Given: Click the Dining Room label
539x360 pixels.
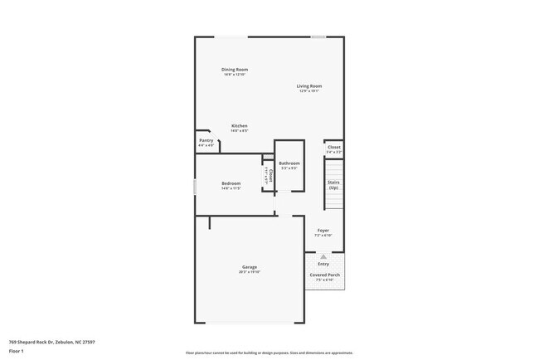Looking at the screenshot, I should click(x=235, y=69).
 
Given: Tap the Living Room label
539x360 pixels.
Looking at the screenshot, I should click(x=309, y=85).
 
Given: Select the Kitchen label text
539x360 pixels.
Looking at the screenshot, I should click(x=240, y=126).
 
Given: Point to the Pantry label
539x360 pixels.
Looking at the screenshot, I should click(x=206, y=141).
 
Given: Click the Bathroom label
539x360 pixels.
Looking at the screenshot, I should click(x=289, y=163).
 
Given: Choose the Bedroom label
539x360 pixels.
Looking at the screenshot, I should click(x=231, y=183).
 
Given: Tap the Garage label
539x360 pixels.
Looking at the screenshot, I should click(x=250, y=267).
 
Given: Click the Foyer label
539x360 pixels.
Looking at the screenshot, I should click(x=323, y=230).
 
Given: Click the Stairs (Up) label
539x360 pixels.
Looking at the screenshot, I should click(x=333, y=185).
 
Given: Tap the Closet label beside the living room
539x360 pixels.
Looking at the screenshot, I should click(x=333, y=148).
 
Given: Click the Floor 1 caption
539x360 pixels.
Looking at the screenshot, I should click(x=17, y=351).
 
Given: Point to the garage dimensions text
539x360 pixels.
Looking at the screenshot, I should click(x=250, y=272).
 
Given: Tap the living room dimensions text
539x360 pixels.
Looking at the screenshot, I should click(x=309, y=90).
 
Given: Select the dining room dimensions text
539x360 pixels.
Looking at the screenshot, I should click(x=235, y=74).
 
